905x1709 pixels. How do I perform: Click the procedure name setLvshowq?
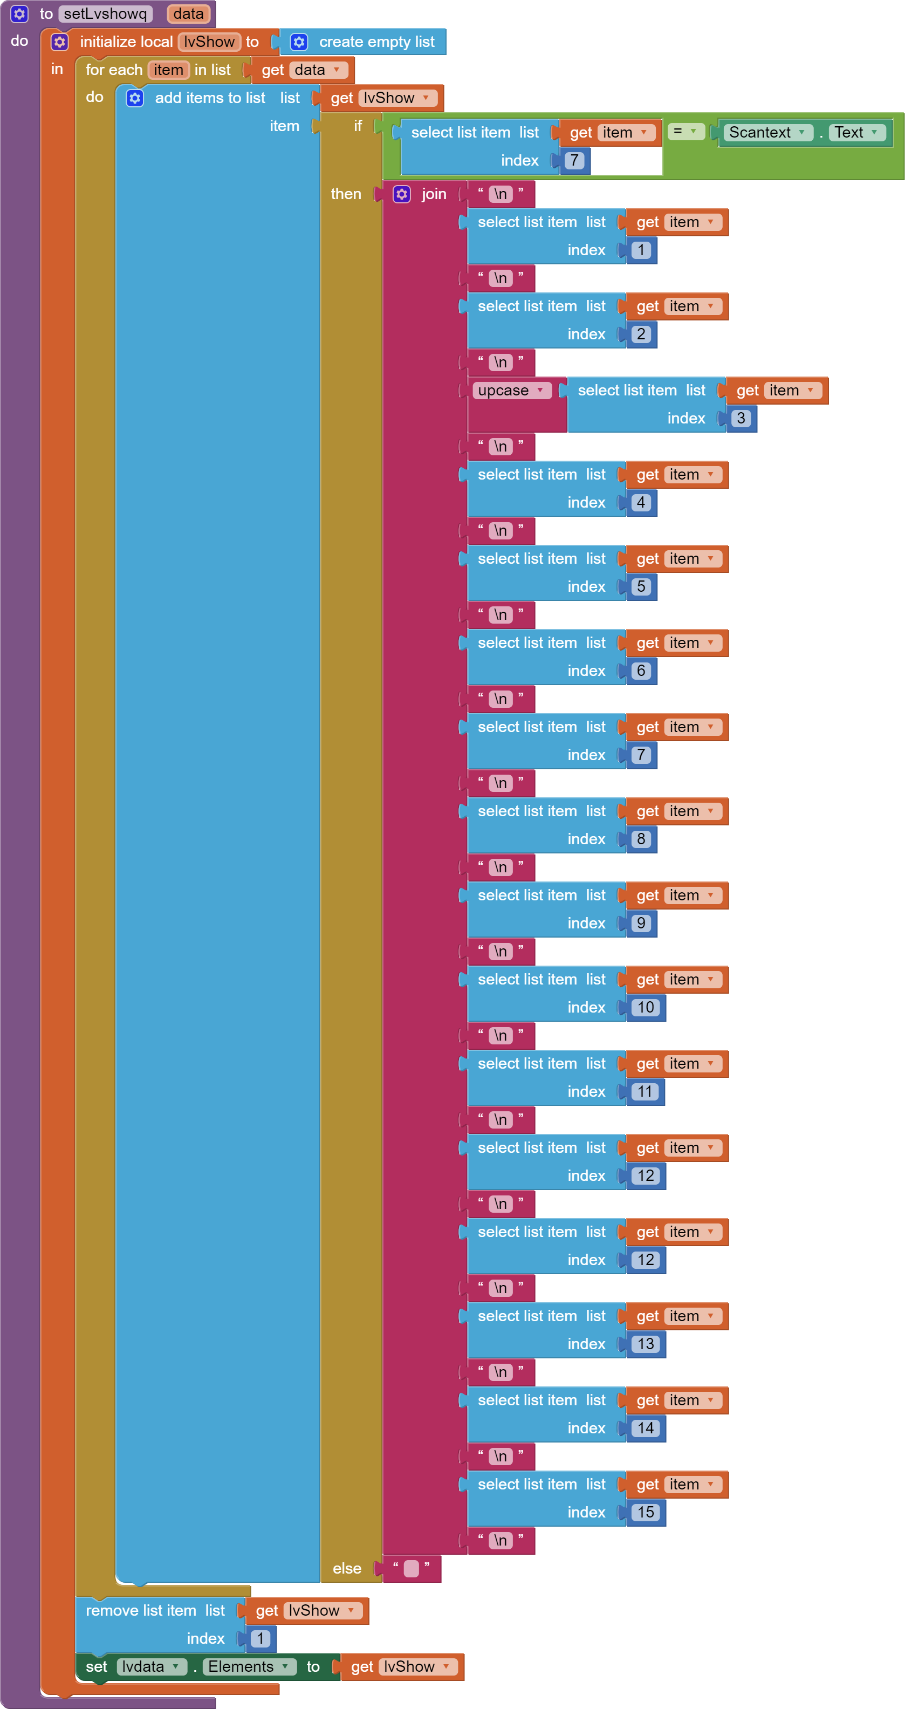(105, 14)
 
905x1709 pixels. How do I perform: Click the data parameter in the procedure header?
(188, 14)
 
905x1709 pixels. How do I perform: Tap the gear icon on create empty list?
(299, 42)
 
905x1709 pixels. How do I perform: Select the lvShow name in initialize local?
(209, 42)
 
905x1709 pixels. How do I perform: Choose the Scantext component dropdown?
(767, 132)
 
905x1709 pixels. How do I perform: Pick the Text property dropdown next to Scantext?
(856, 132)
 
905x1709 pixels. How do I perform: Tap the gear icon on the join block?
(401, 194)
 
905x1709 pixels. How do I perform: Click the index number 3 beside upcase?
(741, 418)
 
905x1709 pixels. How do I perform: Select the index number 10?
(646, 1007)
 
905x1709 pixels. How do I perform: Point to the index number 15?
(646, 1512)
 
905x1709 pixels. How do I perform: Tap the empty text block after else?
(412, 1568)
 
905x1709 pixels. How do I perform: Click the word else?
(347, 1568)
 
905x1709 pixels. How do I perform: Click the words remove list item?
(141, 1610)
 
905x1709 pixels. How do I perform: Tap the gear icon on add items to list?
(135, 98)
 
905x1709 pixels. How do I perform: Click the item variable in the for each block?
(168, 70)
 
